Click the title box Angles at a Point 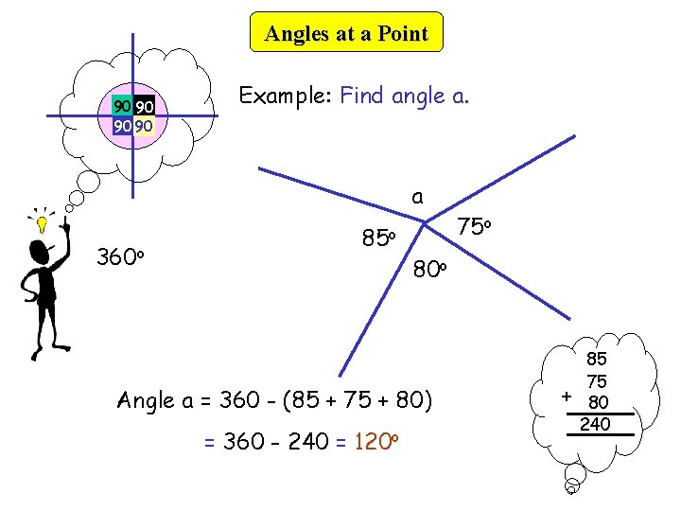pyautogui.click(x=346, y=34)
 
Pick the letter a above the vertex pyautogui.click(x=417, y=197)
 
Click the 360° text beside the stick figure pyautogui.click(x=119, y=256)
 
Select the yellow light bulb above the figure pyautogui.click(x=42, y=224)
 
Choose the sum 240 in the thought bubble pyautogui.click(x=595, y=425)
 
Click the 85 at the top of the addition pyautogui.click(x=597, y=360)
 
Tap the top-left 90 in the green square pyautogui.click(x=121, y=106)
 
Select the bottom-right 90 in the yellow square pyautogui.click(x=144, y=125)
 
